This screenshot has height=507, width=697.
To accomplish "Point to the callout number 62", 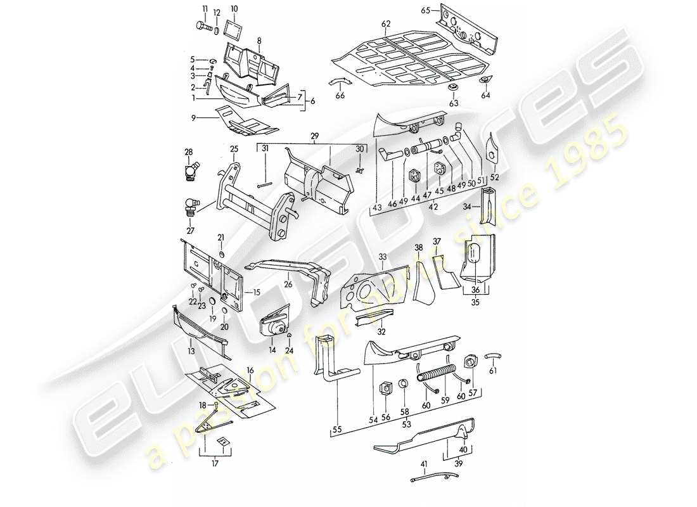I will point(385,23).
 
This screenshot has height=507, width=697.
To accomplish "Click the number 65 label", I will point(425,11).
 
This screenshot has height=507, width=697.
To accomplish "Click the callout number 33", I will point(382,256).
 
